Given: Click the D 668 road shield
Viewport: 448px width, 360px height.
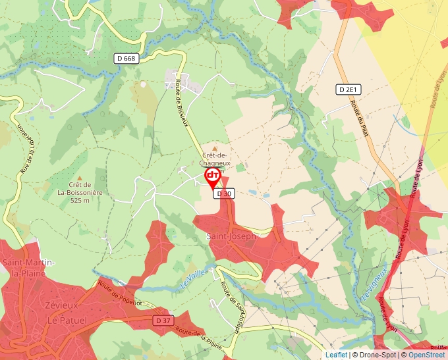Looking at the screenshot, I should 125,59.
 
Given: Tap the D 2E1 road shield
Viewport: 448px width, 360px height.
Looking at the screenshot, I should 349,90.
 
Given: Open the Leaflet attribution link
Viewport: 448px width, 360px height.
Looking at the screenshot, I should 336,355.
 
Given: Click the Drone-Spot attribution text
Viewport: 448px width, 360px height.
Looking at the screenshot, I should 378,355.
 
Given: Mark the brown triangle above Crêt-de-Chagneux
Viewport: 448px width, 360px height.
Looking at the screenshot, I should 214,149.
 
